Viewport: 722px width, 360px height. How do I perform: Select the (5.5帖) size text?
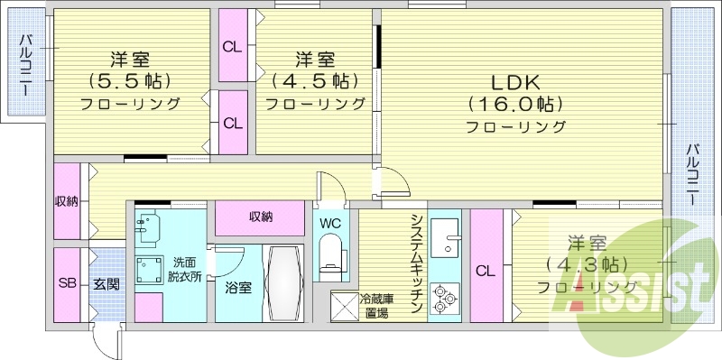coord(130,81)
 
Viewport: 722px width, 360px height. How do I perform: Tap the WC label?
coord(329,222)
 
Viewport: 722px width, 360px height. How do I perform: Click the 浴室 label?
coord(238,288)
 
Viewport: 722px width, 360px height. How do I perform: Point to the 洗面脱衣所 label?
coord(189,270)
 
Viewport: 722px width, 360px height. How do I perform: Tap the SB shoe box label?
coord(67,283)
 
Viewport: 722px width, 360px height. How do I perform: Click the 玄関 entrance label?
coord(105,283)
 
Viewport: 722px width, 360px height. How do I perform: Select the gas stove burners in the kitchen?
coord(444,299)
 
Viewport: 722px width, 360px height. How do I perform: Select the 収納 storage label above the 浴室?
coord(262,217)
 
